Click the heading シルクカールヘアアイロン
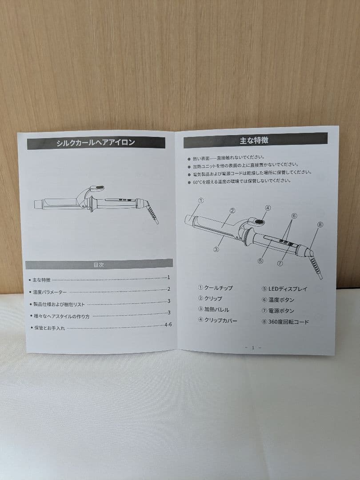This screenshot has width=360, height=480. [96, 143]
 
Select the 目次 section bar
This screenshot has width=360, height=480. [99, 264]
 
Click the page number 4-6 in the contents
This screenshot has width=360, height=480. [168, 324]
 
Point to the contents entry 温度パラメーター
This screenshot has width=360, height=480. [50, 292]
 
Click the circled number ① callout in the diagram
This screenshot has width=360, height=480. [200, 200]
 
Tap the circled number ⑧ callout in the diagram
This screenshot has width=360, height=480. [320, 224]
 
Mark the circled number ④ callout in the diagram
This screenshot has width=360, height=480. [268, 208]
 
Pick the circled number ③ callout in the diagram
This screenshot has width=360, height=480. [216, 249]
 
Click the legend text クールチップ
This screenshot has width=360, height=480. [218, 288]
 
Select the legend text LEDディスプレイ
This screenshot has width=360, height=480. [287, 289]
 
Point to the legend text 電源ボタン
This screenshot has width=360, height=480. [281, 311]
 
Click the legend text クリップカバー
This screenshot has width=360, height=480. [220, 320]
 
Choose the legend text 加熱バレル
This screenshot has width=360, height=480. [217, 309]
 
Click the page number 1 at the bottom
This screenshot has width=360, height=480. [253, 348]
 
